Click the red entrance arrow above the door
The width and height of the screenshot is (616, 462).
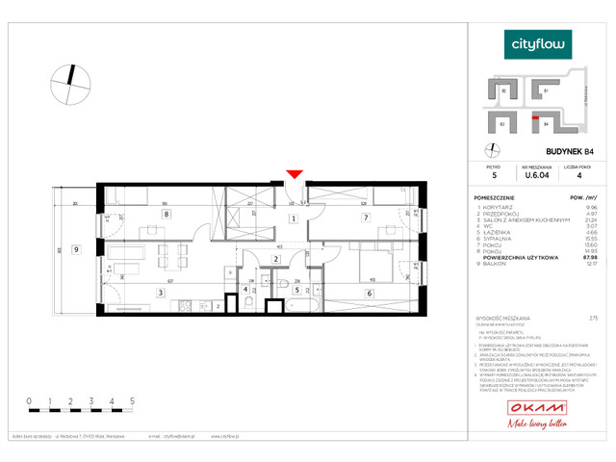[295, 174]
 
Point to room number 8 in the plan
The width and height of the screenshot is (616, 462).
[166, 216]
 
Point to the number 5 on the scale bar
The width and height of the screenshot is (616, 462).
[130, 398]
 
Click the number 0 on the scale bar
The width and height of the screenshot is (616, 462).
[29, 398]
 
